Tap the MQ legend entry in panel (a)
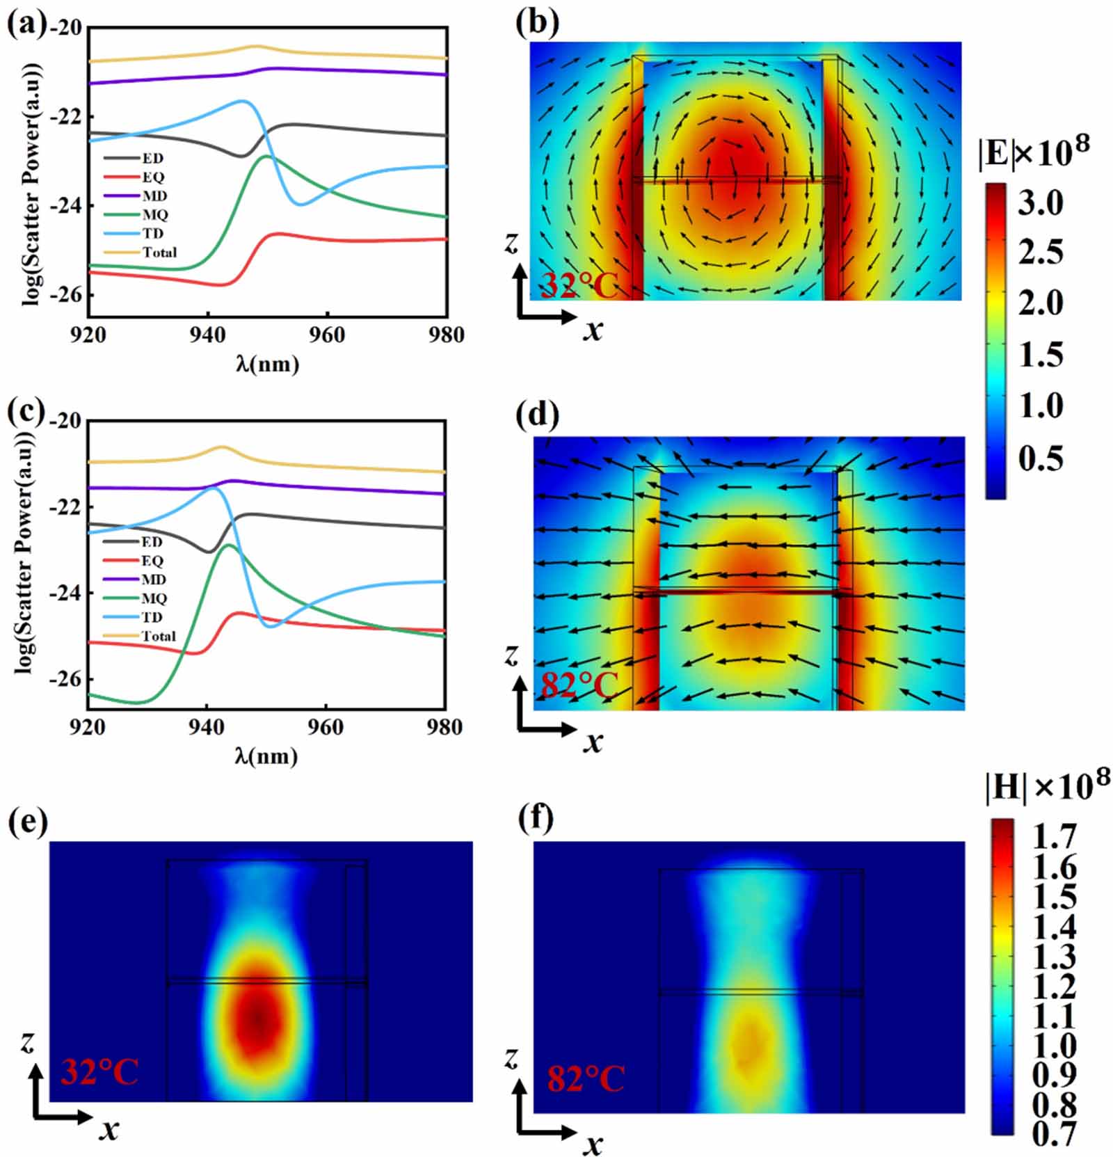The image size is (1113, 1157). [154, 215]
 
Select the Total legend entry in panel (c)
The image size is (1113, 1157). [159, 636]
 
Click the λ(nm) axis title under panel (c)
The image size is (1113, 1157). [266, 756]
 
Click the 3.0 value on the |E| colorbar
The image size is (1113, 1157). [1041, 203]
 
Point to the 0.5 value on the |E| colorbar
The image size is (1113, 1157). [1041, 458]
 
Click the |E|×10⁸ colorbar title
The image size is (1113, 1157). [1033, 152]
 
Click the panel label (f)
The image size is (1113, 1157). [536, 819]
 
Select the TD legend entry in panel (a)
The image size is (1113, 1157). [152, 234]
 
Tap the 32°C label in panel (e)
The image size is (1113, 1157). [99, 1072]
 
